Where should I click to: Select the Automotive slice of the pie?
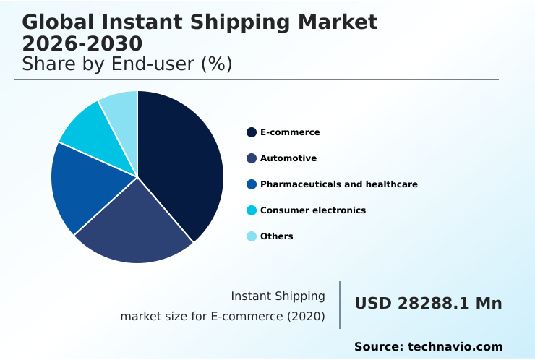137,228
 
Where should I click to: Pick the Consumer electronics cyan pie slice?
90,134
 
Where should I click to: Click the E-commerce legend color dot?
252,132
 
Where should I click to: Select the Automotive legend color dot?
252,158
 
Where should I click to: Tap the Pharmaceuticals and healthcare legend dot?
252,184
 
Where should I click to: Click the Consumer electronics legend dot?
252,210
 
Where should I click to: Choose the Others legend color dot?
252,236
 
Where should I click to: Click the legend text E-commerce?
290,132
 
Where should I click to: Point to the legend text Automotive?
288,158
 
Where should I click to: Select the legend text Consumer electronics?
313,210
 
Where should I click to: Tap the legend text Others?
277,236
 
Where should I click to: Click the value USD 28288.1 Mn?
428,304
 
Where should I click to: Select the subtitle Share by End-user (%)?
127,64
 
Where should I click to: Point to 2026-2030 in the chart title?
82,44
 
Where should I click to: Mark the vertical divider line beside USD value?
340,304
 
